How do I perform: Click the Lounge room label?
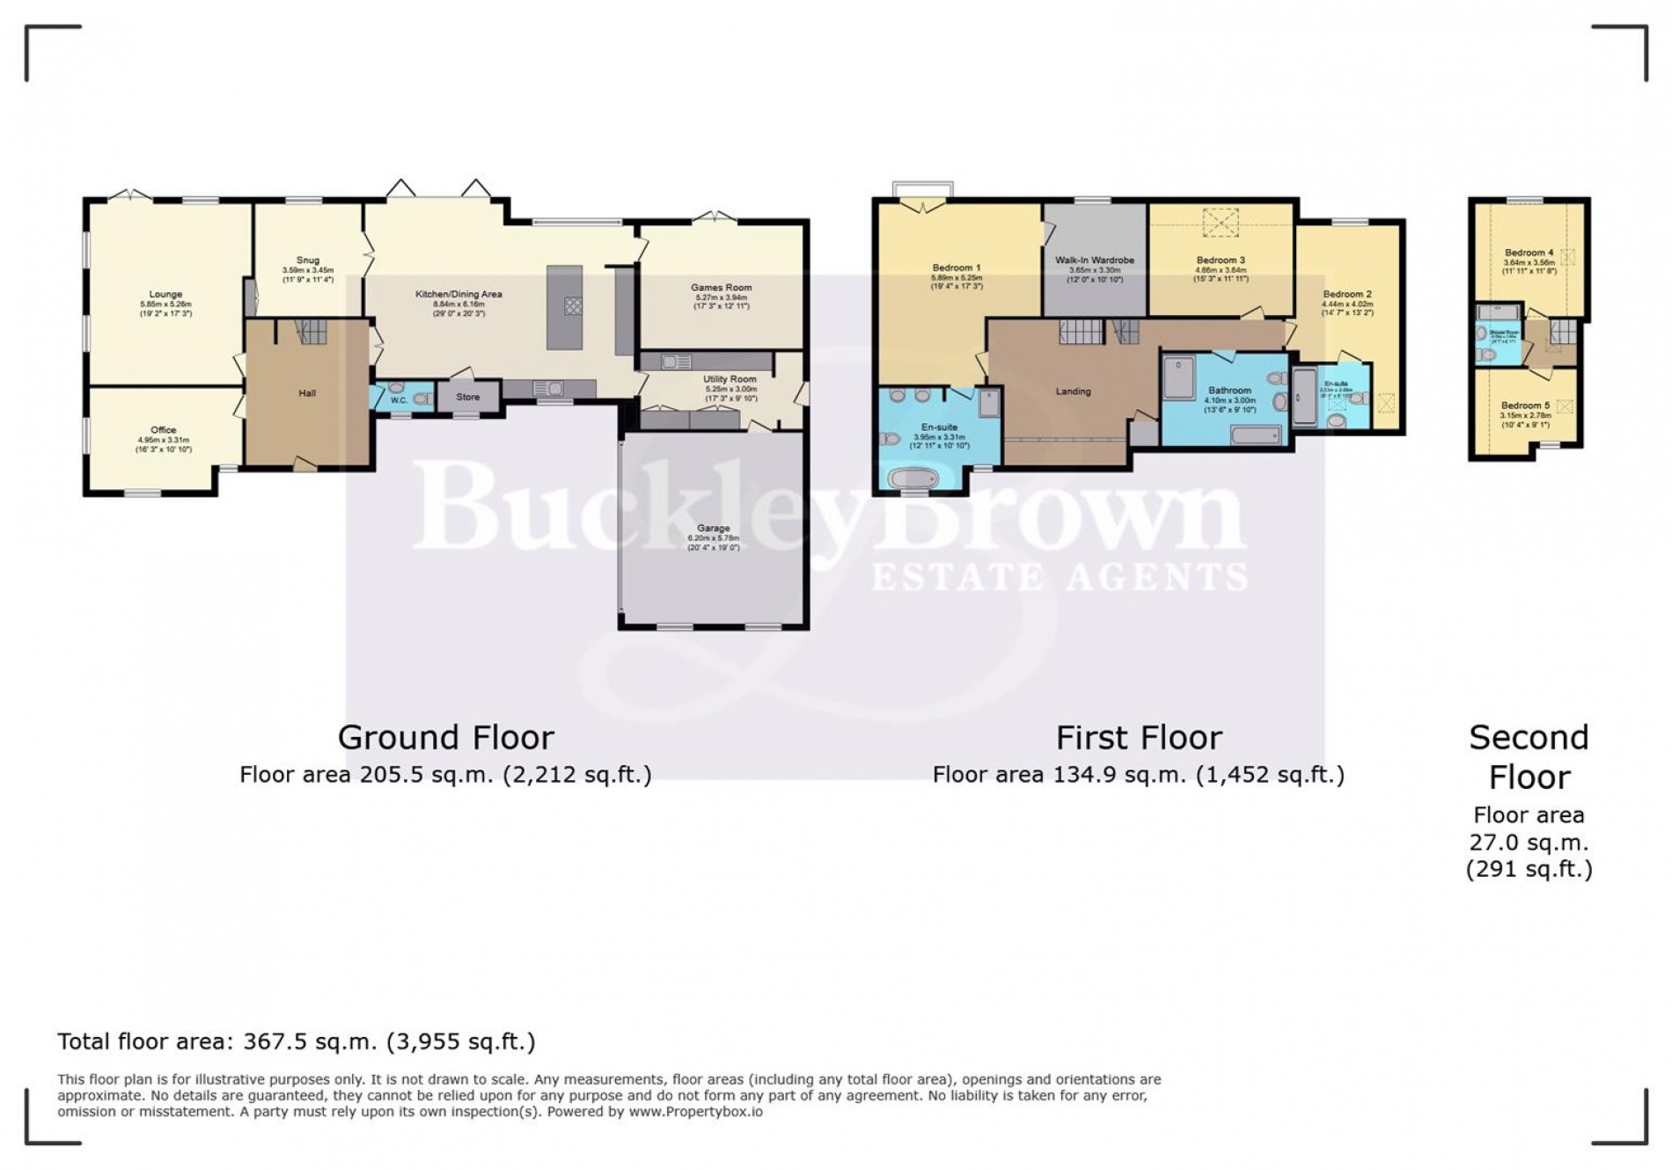165,295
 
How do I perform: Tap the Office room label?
164,430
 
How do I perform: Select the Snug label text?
307,260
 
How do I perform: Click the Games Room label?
721,288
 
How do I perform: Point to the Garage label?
714,529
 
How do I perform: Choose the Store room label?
468,397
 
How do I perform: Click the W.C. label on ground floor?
399,401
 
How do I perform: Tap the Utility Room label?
730,379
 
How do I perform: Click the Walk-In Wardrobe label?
1095,260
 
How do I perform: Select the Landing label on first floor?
1073,391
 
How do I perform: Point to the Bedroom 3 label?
1221,260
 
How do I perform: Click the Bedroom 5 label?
1526,405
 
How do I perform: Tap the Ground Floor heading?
446,737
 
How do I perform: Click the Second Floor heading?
1529,756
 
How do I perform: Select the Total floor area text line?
297,1041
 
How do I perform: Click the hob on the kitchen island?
572,306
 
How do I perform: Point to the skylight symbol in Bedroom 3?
1221,222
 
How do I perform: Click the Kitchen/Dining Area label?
458,294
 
